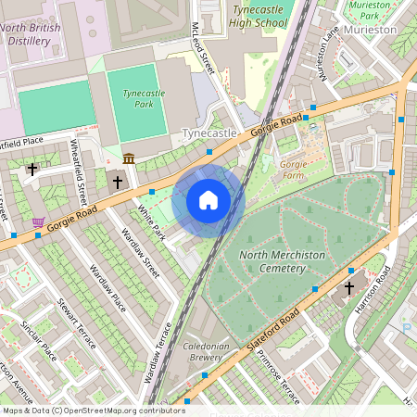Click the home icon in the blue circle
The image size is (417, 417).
click(x=208, y=200)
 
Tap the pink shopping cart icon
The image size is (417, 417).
click(x=38, y=222)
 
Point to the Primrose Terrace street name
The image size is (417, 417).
click(x=275, y=377)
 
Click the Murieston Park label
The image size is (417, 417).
click(x=369, y=9)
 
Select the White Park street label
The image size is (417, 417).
click(x=150, y=223)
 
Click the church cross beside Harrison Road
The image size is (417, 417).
click(x=349, y=287)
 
